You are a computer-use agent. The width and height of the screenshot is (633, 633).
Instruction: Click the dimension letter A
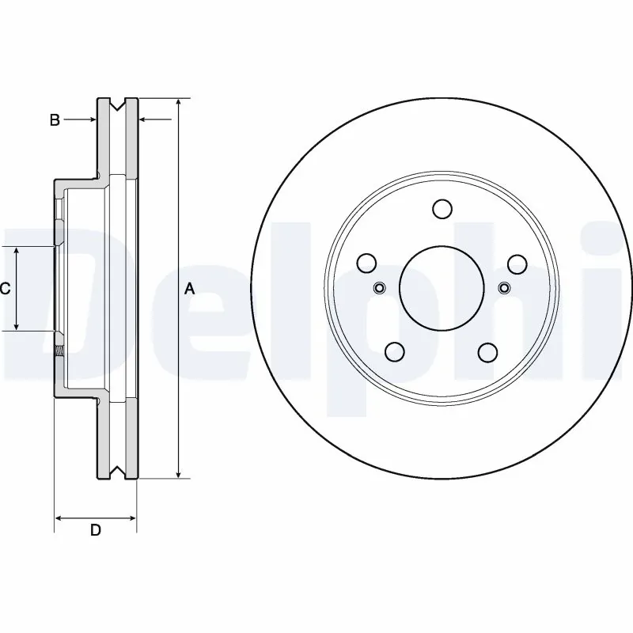(189, 289)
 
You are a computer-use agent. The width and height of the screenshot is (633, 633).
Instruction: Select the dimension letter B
(55, 120)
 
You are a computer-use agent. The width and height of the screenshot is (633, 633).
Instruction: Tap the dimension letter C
(5, 289)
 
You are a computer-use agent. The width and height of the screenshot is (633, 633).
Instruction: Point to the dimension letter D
(95, 531)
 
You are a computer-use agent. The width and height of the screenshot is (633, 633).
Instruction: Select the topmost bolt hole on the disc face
(442, 209)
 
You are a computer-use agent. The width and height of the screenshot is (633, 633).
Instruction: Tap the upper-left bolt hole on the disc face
(367, 263)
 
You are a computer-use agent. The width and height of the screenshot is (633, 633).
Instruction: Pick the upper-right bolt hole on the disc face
(516, 263)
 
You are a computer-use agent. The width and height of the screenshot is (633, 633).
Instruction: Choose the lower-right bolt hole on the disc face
(488, 351)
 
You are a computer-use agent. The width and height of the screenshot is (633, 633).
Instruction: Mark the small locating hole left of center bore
(378, 287)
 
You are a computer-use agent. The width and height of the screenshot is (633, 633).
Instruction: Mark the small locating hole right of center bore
(505, 287)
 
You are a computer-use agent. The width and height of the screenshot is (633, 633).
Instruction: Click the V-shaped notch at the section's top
(117, 104)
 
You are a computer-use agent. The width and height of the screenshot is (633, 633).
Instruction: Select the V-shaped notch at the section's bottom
(117, 474)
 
